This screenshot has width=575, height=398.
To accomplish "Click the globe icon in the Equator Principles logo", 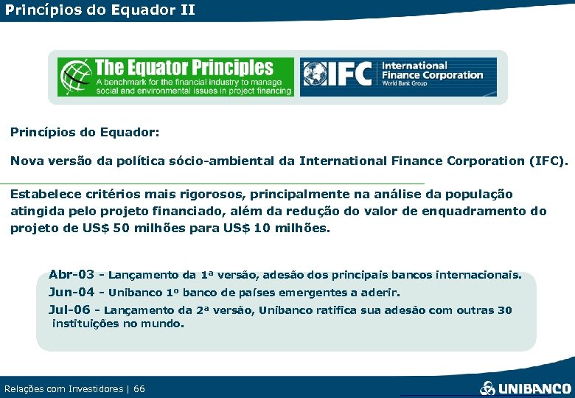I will (75, 77).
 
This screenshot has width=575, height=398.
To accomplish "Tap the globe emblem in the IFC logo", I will (318, 76).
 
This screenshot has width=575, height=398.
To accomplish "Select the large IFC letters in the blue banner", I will (352, 76).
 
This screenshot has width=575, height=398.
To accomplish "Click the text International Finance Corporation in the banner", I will (431, 71).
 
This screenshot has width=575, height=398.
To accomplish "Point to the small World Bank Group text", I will (405, 84).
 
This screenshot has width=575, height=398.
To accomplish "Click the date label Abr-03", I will (71, 275).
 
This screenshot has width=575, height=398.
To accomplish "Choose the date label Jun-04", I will (72, 292).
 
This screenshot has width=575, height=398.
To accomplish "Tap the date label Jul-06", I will (70, 310).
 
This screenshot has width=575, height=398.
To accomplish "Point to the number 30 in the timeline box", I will (504, 310).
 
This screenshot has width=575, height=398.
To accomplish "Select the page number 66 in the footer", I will (139, 388).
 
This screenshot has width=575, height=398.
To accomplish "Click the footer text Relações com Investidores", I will (63, 388).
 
